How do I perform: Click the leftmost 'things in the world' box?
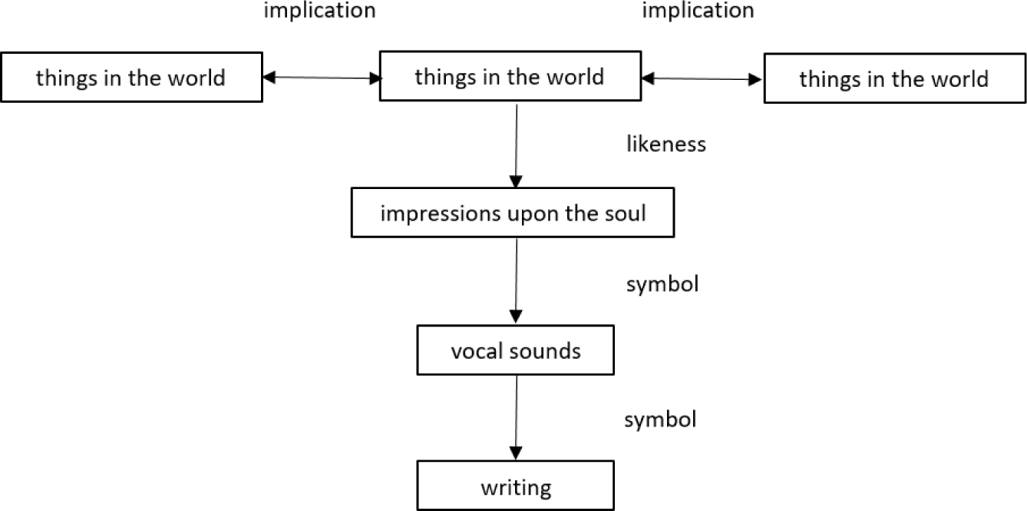131,78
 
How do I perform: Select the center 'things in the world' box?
510,77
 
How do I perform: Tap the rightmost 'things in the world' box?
894,79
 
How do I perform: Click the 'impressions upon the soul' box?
513,213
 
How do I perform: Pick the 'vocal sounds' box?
516,351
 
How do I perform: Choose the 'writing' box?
516,487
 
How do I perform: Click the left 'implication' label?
319,11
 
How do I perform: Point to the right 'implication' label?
698,11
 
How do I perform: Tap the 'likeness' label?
666,144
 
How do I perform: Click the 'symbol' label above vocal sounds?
662,284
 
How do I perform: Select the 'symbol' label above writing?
660,420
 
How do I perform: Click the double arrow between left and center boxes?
322,78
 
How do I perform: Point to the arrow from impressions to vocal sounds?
517,280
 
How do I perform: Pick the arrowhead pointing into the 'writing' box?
517,453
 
